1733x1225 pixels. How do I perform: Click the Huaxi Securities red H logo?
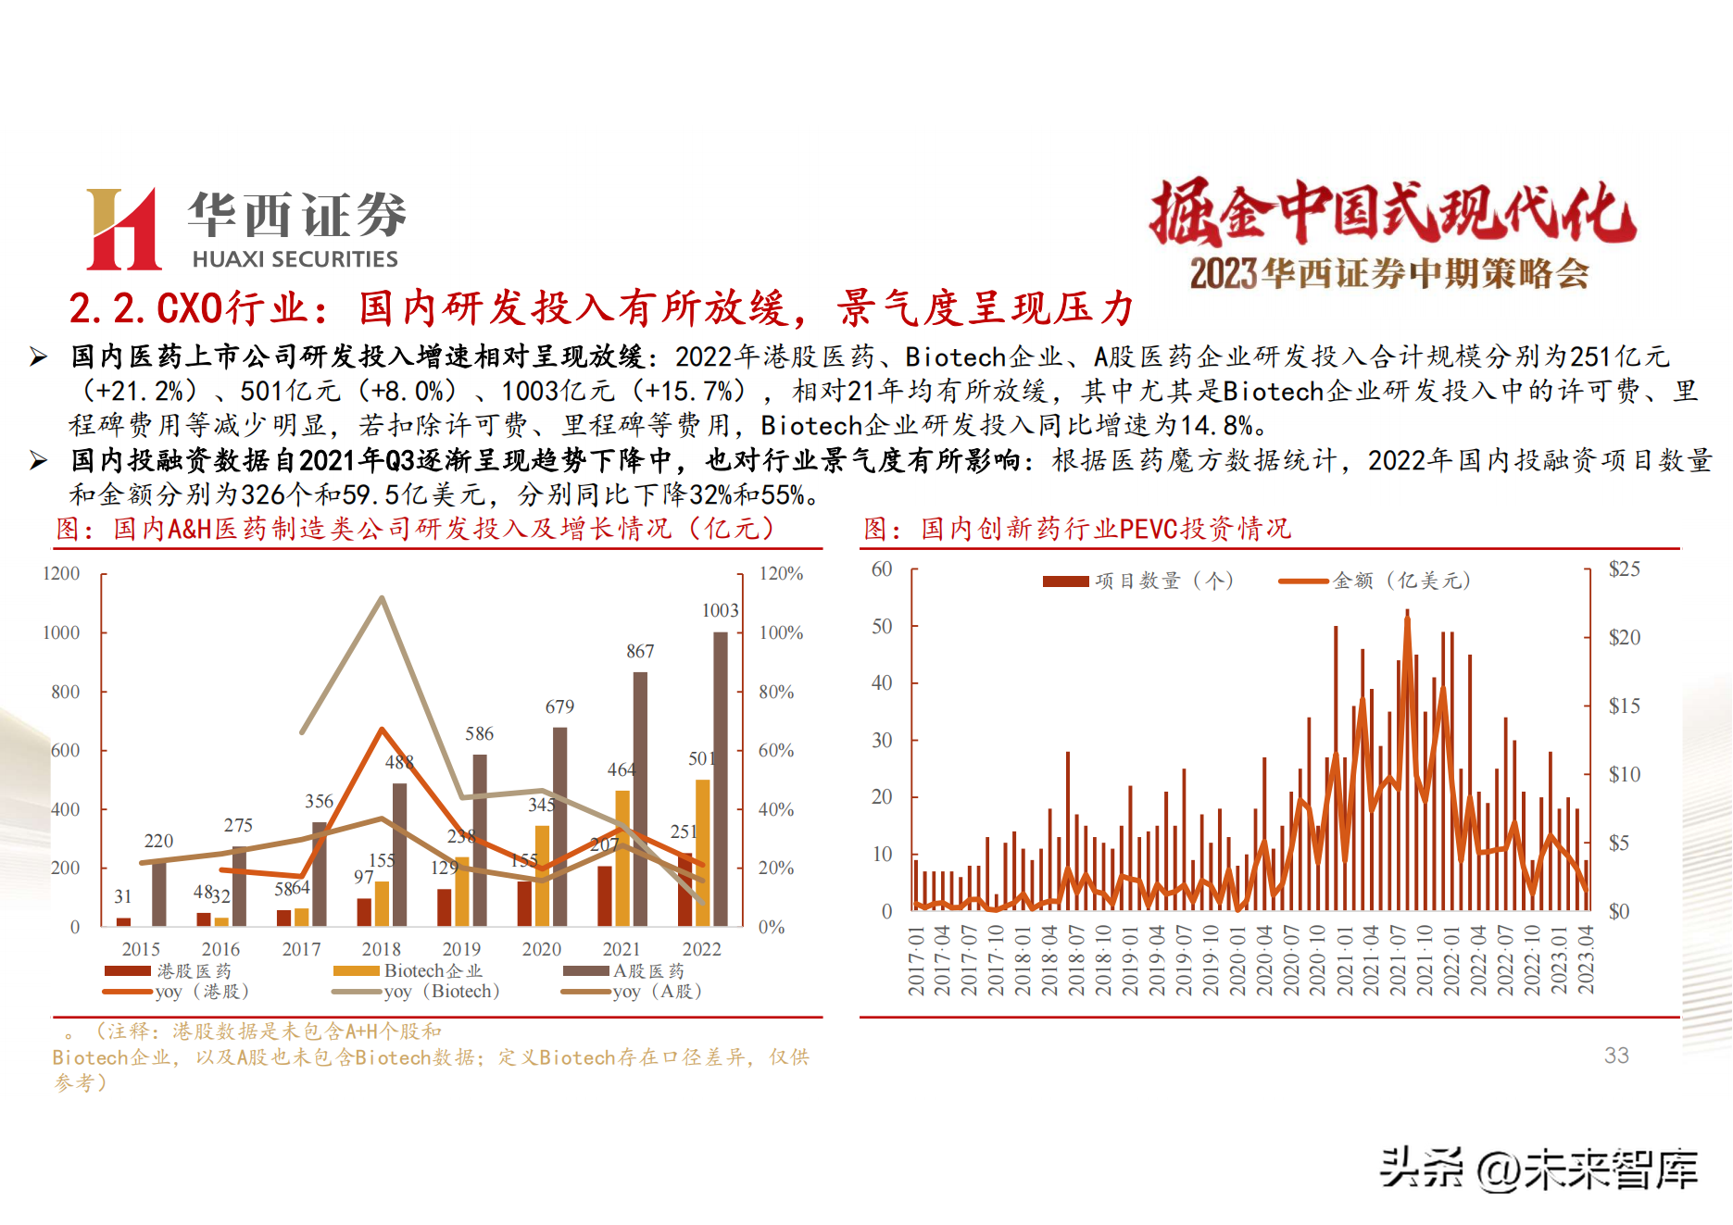[x=123, y=229]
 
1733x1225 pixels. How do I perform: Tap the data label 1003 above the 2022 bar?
[x=720, y=610]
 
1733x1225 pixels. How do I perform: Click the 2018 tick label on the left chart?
[x=381, y=949]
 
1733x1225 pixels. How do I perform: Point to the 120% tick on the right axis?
[x=780, y=573]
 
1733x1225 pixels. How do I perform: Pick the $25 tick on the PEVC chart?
[x=1624, y=569]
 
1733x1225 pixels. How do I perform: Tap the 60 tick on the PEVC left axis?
[x=881, y=569]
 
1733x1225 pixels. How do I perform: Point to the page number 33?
[x=1616, y=1056]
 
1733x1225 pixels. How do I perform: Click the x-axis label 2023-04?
[x=1586, y=959]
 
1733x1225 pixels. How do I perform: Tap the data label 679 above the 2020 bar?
[x=559, y=706]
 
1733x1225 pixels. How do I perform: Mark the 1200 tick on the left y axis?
[x=61, y=573]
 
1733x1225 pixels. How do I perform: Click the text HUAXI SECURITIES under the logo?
[x=295, y=259]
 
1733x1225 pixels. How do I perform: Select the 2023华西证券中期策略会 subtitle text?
[x=1389, y=273]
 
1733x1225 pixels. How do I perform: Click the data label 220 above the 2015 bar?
[x=158, y=841]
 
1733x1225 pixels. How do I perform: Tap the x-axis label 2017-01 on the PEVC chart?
[x=916, y=961]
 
